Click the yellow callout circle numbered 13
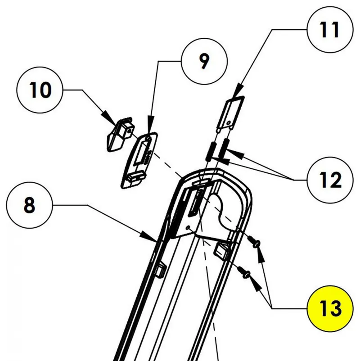point(330,308)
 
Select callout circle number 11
point(330,30)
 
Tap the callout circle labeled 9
point(203,62)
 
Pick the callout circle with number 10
point(40,90)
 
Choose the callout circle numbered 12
point(330,180)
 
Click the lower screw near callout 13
point(245,271)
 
